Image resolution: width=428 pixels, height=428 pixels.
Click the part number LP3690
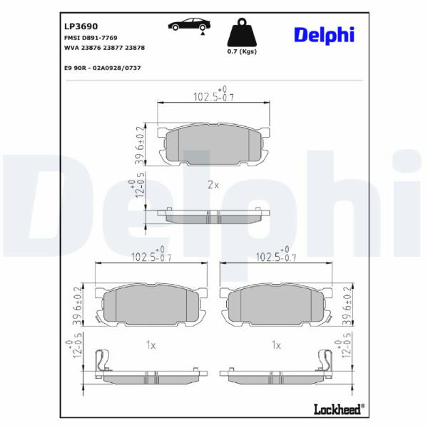(81, 26)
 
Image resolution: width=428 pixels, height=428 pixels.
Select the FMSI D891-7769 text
(91, 38)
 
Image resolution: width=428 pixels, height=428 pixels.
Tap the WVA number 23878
(135, 48)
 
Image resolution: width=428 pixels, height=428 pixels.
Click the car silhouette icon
(189, 24)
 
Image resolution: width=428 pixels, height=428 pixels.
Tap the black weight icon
(242, 32)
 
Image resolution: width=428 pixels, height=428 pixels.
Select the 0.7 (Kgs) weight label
(242, 51)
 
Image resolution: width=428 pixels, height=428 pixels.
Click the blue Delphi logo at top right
(325, 35)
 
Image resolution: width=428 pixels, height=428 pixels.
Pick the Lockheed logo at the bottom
(339, 409)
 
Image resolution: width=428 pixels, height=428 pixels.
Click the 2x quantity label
(213, 185)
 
